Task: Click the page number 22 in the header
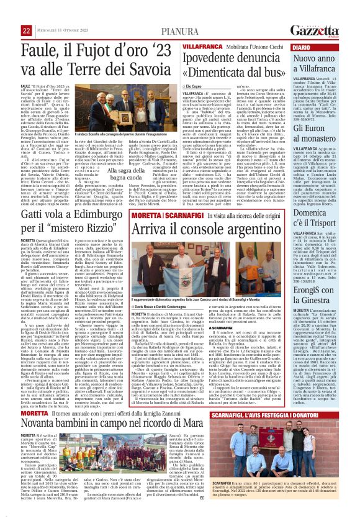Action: point(9,12)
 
